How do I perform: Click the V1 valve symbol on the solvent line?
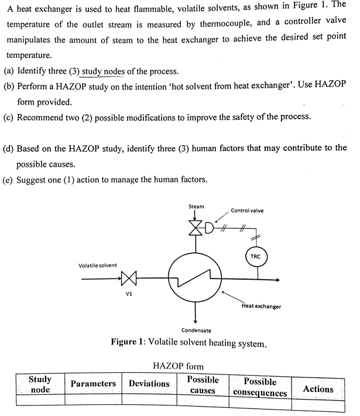(x=129, y=279)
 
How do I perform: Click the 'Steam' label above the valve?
(x=196, y=207)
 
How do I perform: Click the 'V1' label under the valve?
(x=129, y=295)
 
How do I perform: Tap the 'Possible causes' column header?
(x=203, y=385)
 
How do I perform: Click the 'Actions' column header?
(x=318, y=389)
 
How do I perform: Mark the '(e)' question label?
(x=9, y=178)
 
